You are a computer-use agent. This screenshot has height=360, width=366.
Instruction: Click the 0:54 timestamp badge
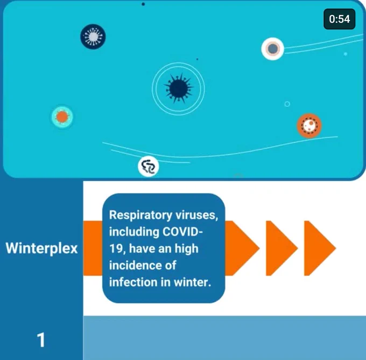(x=340, y=19)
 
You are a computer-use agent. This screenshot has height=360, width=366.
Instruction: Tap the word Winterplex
(x=41, y=248)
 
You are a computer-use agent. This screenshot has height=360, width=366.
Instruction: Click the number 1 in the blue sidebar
(x=41, y=340)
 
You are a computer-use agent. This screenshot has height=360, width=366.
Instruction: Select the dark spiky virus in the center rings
(x=179, y=88)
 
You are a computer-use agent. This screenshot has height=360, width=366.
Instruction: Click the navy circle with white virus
(x=93, y=37)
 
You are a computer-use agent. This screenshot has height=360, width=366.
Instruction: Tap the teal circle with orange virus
(x=62, y=117)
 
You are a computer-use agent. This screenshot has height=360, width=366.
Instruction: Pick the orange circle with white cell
(x=309, y=126)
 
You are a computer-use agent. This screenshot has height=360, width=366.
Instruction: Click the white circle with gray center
(x=273, y=49)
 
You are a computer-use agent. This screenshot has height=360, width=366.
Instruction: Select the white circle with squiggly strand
(x=149, y=166)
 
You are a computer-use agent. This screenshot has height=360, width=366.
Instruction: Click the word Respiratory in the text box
(x=140, y=215)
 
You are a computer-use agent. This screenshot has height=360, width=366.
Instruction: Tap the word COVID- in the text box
(x=182, y=232)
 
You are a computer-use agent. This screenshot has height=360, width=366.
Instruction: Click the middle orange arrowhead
(x=281, y=248)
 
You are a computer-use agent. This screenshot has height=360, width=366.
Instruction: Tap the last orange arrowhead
(x=320, y=248)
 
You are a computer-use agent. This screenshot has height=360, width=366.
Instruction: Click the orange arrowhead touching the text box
(x=242, y=248)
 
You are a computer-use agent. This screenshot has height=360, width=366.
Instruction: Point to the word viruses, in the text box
(x=197, y=215)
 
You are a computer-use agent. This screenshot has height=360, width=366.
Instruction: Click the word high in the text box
(x=187, y=249)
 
